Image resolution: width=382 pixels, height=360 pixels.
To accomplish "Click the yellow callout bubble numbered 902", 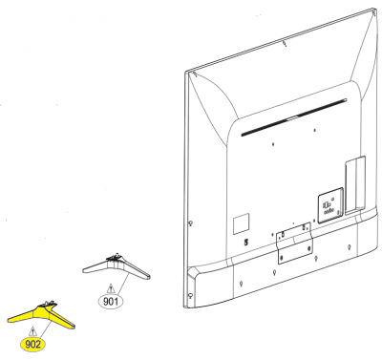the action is coord(32,344).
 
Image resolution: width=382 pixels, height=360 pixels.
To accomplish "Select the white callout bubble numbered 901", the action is coord(111,301).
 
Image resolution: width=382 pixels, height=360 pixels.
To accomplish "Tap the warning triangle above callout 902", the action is coord(32,331).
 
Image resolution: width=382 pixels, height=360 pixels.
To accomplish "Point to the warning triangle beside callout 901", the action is coord(111,288).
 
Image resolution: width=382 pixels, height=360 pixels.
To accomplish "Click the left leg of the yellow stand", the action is coord(23,316).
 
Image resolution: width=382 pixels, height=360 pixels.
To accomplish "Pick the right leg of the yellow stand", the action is coord(61,319).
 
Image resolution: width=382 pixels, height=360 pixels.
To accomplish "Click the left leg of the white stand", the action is coord(95,266).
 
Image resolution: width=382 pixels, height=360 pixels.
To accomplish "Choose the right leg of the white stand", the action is coord(137,269).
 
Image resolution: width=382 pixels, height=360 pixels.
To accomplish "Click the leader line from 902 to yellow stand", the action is coord(46,329).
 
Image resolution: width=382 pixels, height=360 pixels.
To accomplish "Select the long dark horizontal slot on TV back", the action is coord(293,117).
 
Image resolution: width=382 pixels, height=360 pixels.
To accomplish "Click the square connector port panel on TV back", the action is coord(330,205).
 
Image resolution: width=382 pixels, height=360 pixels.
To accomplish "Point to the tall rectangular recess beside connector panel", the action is coord(355,185).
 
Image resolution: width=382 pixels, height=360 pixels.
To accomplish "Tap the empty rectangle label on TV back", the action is coord(241,224).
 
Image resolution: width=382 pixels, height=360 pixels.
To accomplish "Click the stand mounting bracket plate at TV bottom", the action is coord(294,243).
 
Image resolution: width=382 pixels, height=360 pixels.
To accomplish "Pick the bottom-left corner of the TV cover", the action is coord(185,307).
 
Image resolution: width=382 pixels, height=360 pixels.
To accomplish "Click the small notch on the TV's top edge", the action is coord(285,43).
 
